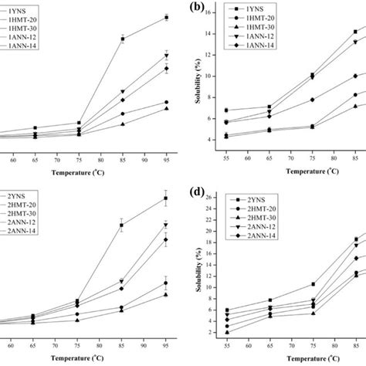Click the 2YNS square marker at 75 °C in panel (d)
[312, 284]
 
